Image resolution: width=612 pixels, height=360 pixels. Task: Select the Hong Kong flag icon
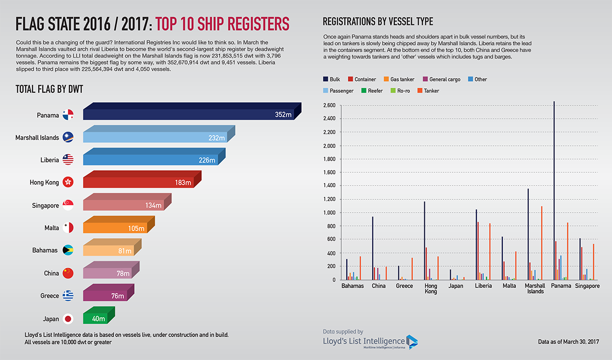[68, 182]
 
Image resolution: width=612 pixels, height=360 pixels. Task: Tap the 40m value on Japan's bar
[98, 319]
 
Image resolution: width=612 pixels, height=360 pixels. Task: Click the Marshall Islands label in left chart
[37, 138]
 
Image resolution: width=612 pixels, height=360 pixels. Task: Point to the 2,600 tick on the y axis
[329, 106]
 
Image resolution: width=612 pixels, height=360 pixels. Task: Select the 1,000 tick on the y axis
[329, 213]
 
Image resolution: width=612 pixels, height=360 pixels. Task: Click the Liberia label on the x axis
[482, 286]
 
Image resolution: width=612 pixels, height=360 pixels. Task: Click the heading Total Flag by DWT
[49, 89]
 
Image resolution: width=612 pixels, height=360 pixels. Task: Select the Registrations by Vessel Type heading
[378, 21]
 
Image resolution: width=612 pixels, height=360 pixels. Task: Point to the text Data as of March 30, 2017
[568, 341]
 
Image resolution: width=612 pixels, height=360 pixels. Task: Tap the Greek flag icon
[68, 296]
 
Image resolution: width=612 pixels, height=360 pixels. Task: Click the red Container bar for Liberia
[478, 250]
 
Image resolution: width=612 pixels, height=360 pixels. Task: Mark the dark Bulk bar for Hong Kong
[424, 240]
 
